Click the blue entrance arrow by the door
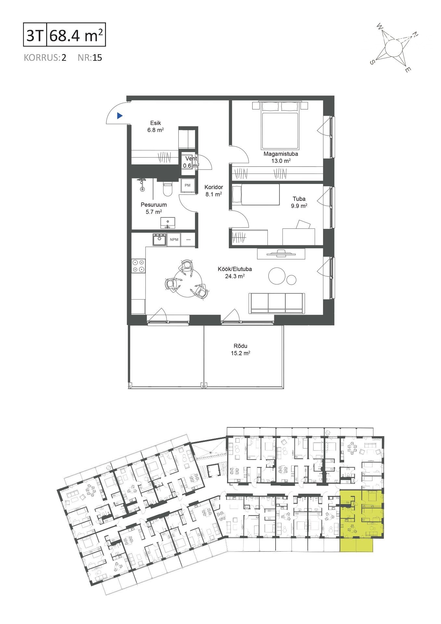[x=120, y=115]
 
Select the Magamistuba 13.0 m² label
[x=281, y=157]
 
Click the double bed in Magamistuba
[x=280, y=125]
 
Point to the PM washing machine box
[x=188, y=185]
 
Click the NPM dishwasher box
[x=174, y=240]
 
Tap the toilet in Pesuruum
[x=167, y=189]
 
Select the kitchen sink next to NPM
[x=160, y=240]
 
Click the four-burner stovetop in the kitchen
[x=138, y=266]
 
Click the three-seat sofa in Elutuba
[x=277, y=303]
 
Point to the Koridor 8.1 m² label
[x=214, y=190]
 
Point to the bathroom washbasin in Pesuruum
[x=168, y=223]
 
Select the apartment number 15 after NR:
[x=97, y=58]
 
